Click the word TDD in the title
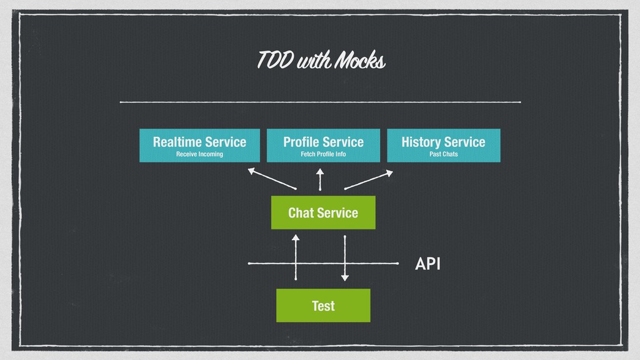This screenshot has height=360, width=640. tap(275, 59)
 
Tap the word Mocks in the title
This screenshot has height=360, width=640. tap(359, 60)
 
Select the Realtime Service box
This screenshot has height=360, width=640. tap(199, 146)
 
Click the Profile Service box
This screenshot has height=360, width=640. tap(323, 146)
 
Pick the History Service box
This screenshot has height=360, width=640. tap(444, 146)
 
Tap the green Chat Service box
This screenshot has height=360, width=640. tap(323, 212)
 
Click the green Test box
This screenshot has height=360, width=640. tap(323, 306)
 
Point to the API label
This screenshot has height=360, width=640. tap(427, 264)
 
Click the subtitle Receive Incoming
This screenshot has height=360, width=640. tap(199, 154)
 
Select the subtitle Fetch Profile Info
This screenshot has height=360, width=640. tap(323, 154)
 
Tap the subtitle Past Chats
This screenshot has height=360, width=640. tap(444, 154)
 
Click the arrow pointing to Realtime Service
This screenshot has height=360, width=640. tap(272, 179)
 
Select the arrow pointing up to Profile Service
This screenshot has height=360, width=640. tap(320, 179)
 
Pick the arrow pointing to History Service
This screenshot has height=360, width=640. tap(369, 180)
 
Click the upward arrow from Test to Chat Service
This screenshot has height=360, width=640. tap(296, 257)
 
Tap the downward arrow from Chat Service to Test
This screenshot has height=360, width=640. tap(345, 258)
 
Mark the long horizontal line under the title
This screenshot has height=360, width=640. tap(321, 102)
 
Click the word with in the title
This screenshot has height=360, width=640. tap(314, 61)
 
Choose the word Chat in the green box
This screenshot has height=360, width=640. tap(301, 212)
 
